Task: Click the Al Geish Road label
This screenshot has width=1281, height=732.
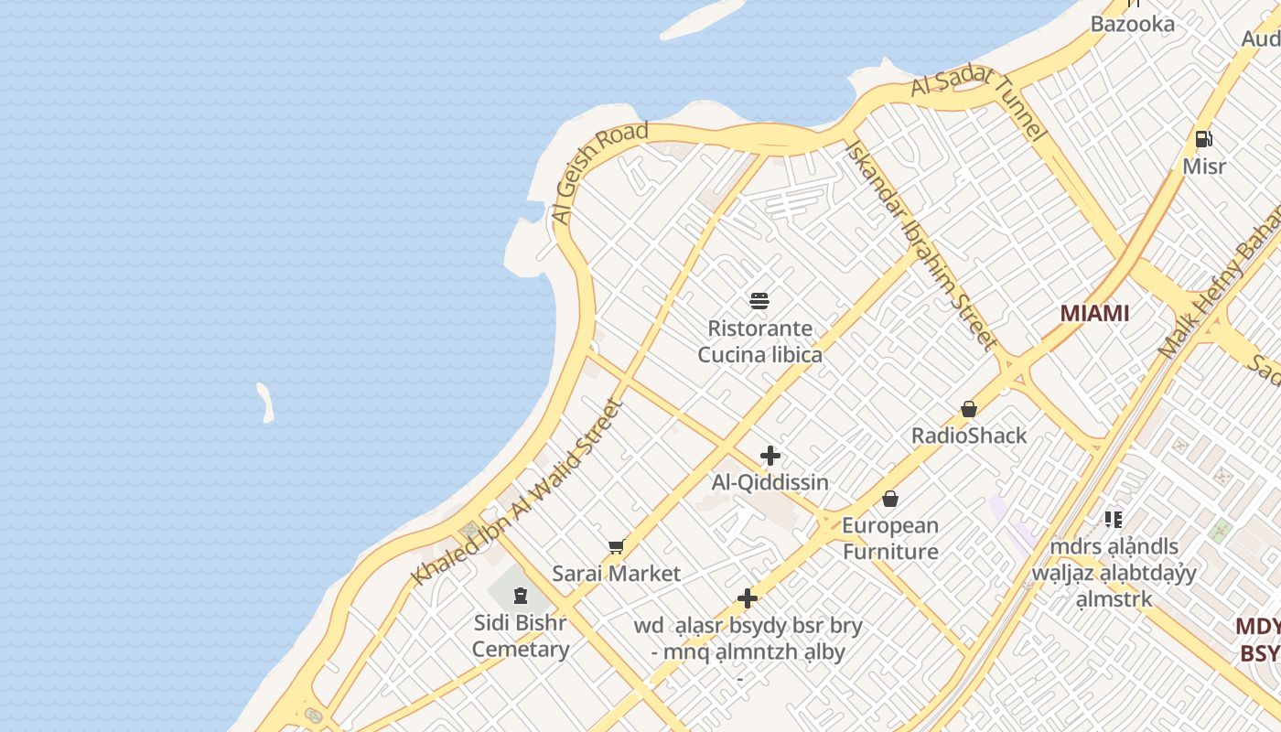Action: coord(599,172)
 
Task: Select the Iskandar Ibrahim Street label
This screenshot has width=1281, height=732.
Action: coord(920,244)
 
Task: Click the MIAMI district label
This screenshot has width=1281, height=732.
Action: coord(1094,313)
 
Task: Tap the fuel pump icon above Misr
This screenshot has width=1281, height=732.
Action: coord(1204,139)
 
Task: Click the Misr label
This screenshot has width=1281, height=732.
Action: coord(1204,167)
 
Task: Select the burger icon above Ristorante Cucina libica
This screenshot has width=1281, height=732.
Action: coord(759,300)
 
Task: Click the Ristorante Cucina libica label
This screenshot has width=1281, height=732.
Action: coord(759,341)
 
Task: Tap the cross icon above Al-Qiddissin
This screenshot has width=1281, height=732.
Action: coord(770,456)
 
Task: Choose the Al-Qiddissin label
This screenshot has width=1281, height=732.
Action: coord(770,482)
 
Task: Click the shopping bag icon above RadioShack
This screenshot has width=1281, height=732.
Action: coord(969,409)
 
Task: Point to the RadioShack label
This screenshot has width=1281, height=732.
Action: coord(969,436)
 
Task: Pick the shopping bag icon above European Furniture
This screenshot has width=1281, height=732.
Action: coord(890,499)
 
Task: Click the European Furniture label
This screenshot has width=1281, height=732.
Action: coord(890,538)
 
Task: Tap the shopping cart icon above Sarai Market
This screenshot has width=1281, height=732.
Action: coord(617,547)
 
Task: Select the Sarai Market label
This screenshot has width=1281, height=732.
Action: coord(617,574)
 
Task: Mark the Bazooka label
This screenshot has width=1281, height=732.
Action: coord(1132,24)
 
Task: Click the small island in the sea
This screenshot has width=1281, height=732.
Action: coord(265,403)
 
